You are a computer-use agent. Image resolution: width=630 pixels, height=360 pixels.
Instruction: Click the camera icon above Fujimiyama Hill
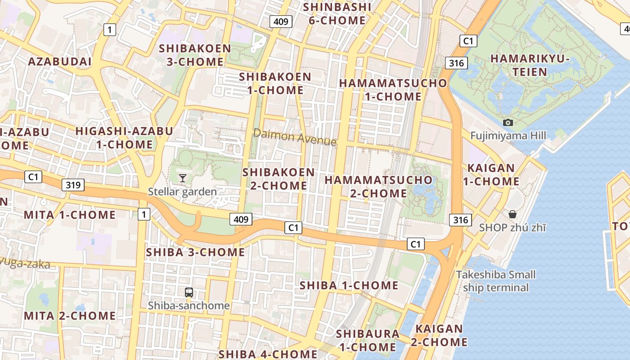(508, 122)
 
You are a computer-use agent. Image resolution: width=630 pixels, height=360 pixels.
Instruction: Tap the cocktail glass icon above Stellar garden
(182, 178)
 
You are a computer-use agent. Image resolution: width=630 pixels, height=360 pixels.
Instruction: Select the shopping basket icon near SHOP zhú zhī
(512, 214)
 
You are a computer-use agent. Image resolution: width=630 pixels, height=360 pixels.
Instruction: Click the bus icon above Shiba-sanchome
(189, 292)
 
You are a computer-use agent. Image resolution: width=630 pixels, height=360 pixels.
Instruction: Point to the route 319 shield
(73, 184)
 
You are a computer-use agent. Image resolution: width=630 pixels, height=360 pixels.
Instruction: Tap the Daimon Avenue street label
(295, 137)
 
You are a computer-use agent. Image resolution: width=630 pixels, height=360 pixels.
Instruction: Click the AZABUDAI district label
(60, 62)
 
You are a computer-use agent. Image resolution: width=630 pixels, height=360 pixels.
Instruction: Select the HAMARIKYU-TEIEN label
(530, 65)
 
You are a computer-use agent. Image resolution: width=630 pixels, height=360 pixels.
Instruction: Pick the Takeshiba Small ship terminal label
(496, 281)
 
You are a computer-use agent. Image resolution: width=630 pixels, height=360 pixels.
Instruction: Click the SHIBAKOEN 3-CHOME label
(195, 55)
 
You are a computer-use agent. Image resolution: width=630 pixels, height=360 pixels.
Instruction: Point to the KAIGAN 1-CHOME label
(491, 175)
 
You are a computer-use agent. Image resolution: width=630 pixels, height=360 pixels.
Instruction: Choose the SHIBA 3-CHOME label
(195, 252)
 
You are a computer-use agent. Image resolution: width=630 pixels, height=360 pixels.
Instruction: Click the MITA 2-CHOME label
(70, 316)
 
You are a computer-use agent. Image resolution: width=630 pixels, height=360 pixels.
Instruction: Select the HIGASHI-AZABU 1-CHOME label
(124, 138)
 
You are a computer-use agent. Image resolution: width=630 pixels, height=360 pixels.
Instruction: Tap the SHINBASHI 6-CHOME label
(337, 14)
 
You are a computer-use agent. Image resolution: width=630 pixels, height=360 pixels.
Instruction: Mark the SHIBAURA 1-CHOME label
(368, 340)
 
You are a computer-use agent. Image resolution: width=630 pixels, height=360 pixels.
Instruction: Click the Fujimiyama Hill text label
(508, 135)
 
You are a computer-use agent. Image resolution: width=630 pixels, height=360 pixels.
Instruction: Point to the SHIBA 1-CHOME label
(349, 285)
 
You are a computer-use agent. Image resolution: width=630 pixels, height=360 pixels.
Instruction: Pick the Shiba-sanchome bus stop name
(189, 306)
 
